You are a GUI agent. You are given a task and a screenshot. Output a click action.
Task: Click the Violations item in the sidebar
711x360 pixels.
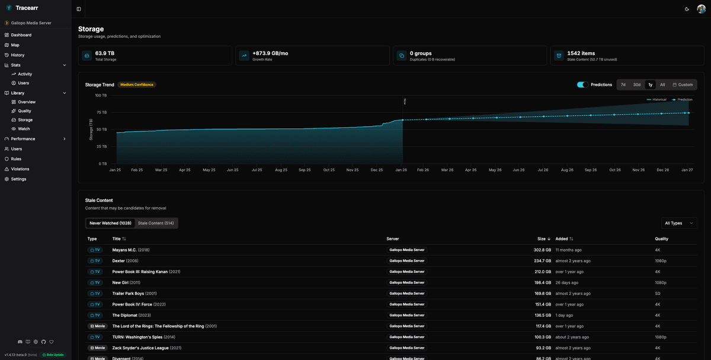(20, 169)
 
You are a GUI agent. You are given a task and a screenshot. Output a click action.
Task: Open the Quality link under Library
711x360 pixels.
(24, 111)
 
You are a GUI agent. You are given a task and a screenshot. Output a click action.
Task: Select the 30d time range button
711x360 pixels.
(636, 85)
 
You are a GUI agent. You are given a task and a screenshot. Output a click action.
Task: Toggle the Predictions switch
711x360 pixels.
(582, 85)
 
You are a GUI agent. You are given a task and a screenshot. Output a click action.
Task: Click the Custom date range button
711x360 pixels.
(683, 85)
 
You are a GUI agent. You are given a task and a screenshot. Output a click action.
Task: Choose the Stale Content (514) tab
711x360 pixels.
(156, 223)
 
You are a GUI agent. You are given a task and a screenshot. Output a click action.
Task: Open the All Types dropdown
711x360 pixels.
(679, 223)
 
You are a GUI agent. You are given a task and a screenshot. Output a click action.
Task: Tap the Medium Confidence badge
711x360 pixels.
(137, 85)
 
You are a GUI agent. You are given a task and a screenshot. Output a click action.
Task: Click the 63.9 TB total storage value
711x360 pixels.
(105, 53)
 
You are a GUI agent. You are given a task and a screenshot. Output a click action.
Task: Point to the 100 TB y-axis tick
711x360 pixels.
(101, 95)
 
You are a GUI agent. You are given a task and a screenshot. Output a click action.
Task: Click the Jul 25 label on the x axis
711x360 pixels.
(257, 170)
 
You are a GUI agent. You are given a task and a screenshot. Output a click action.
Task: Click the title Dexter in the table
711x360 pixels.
(118, 261)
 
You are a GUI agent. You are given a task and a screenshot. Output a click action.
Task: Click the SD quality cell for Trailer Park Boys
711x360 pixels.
(658, 293)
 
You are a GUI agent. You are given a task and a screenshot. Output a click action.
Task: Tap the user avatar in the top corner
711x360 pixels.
(702, 9)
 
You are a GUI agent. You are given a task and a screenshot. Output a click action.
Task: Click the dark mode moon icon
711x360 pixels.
(687, 9)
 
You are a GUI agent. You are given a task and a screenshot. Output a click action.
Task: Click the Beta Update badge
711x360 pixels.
(53, 355)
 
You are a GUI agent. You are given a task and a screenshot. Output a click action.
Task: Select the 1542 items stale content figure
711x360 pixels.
(581, 53)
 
